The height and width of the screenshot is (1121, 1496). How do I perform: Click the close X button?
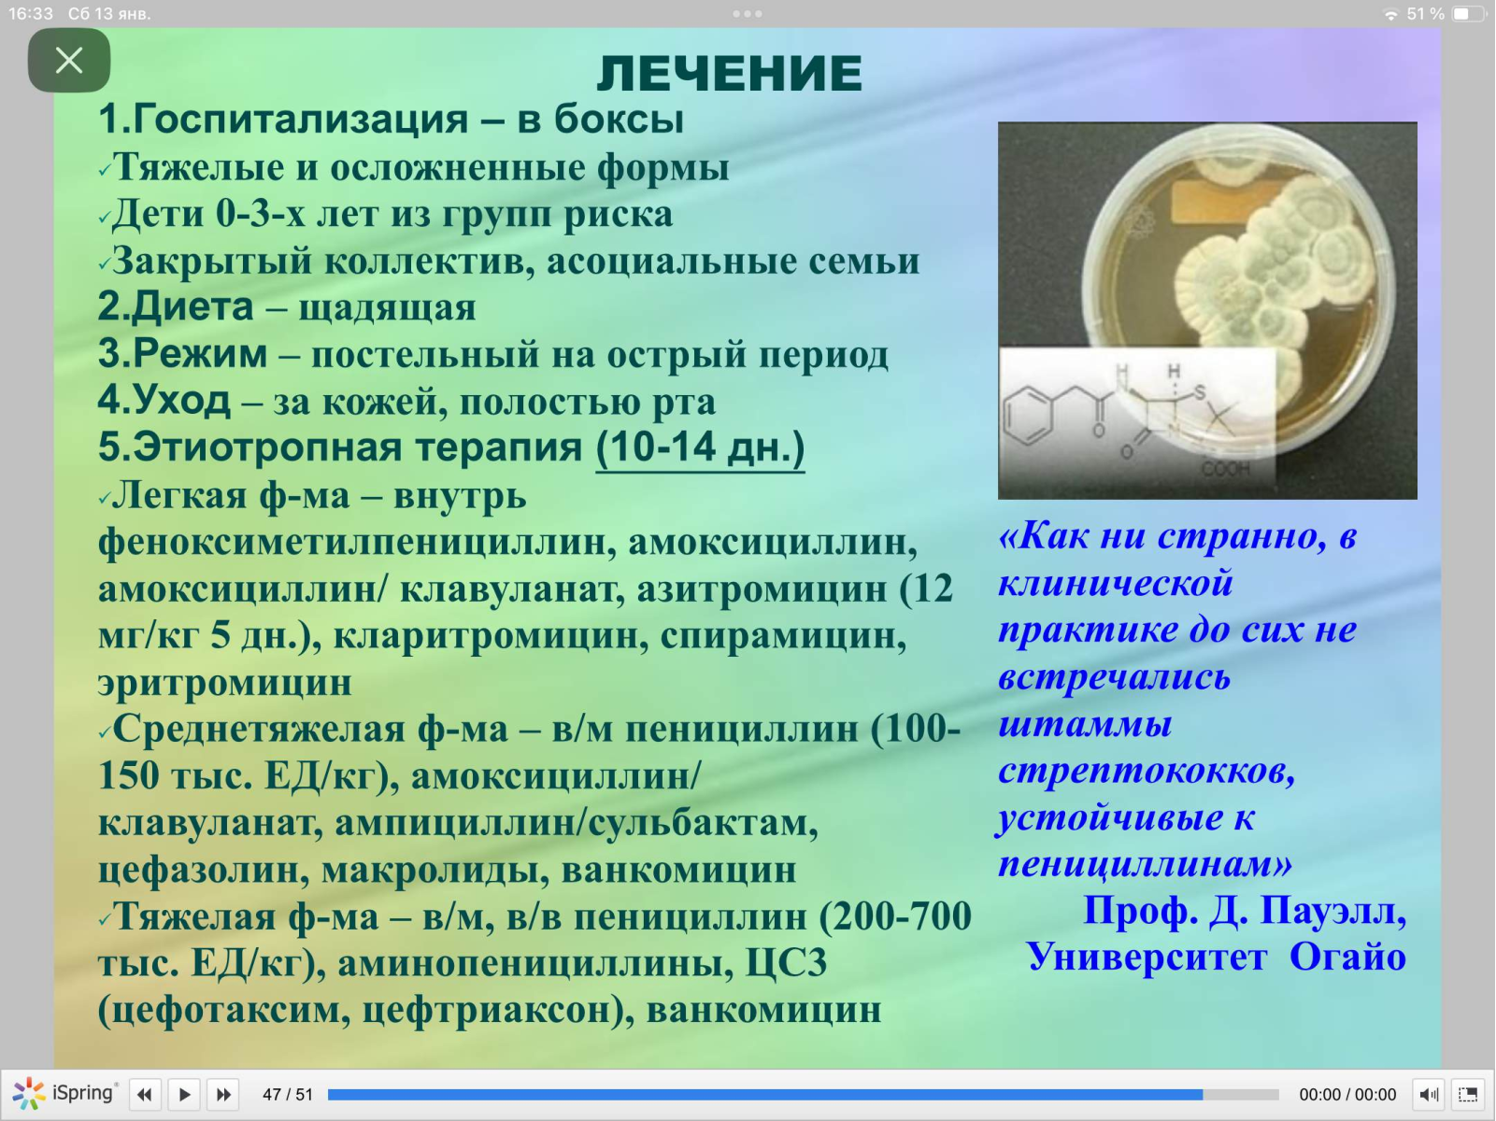69,61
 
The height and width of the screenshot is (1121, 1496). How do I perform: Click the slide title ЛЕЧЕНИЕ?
730,74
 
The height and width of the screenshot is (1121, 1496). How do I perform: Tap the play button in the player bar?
184,1095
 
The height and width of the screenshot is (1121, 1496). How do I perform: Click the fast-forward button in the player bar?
223,1095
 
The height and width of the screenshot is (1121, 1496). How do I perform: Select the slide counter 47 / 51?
288,1095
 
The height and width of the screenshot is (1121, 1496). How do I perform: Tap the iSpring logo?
64,1093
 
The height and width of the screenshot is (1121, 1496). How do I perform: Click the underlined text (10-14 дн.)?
700,448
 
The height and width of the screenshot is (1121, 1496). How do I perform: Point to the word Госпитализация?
301,121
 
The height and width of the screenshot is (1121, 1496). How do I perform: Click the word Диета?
192,307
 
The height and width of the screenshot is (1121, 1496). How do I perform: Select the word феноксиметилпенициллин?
352,544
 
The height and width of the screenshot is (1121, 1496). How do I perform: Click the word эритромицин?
225,682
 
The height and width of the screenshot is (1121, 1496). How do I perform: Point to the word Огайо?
1348,957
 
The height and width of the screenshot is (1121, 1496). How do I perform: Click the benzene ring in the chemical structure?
1027,417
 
